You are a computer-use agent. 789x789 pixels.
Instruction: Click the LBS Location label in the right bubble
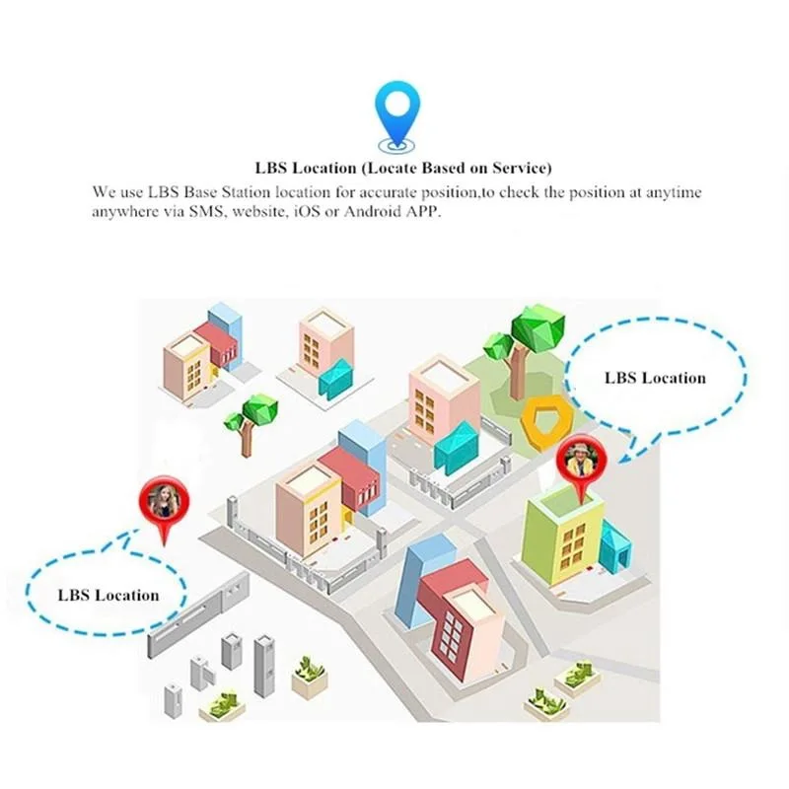point(654,378)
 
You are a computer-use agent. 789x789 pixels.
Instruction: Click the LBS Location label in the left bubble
point(108,595)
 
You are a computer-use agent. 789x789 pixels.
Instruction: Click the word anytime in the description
point(674,192)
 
